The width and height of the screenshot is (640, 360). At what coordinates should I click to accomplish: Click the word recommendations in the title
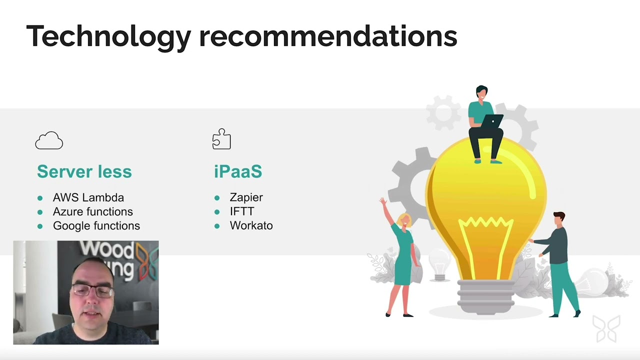[x=328, y=36]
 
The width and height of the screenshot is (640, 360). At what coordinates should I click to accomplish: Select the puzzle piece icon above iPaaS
[x=221, y=139]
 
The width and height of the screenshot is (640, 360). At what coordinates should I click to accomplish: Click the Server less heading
[x=84, y=171]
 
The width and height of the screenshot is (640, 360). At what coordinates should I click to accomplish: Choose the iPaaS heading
[x=238, y=171]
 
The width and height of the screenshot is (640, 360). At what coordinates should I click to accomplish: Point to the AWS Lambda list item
[x=88, y=197]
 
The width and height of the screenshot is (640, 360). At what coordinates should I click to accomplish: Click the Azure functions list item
[x=93, y=211]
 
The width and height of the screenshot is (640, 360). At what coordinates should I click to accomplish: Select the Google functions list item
[x=96, y=225]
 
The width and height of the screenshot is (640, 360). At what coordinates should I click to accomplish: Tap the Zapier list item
[x=246, y=197]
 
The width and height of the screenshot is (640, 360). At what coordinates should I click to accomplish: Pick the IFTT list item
[x=242, y=211]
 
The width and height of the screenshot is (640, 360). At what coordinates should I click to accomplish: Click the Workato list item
[x=251, y=225]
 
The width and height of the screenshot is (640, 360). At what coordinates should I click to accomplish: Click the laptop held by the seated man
[x=493, y=121]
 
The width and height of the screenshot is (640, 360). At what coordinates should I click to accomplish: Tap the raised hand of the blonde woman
[x=383, y=202]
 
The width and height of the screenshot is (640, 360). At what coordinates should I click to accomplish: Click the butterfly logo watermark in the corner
[x=606, y=328]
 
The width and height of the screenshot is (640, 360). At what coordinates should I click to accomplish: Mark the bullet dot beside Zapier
[x=217, y=198]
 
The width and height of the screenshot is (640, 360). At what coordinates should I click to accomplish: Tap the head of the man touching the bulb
[x=559, y=218]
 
